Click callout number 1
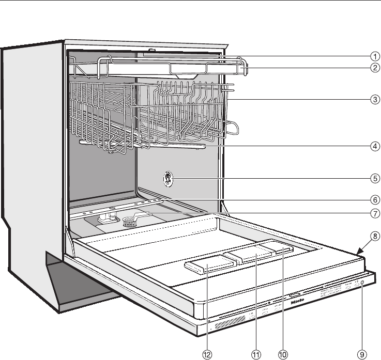[x=374, y=56]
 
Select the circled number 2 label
[x=374, y=68]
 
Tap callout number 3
[x=374, y=100]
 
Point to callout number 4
[x=374, y=146]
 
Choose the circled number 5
[x=374, y=179]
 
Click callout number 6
[x=374, y=199]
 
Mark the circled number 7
[x=374, y=212]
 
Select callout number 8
[x=374, y=238]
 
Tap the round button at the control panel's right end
[x=361, y=284]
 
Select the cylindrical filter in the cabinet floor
[x=129, y=223]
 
